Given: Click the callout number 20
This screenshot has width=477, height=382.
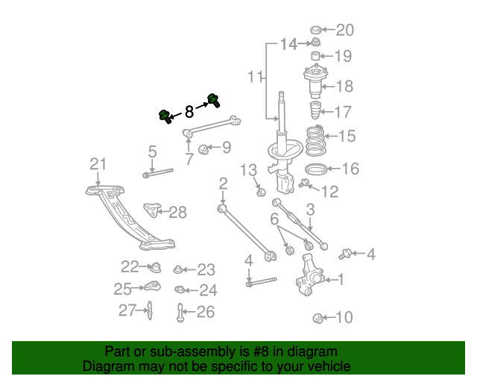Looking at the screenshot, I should (x=344, y=31).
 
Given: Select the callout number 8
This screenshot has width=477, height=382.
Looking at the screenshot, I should (x=189, y=113).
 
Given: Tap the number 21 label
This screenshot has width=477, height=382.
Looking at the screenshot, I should (x=98, y=164).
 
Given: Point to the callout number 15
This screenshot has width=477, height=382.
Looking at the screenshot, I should (x=347, y=137).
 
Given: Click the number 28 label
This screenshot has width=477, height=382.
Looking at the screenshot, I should (x=177, y=213).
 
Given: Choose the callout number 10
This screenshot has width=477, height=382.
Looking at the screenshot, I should (x=344, y=318).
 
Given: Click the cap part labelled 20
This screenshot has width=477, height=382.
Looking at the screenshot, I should (x=315, y=31).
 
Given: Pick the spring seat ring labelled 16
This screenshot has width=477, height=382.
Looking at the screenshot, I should (x=316, y=169).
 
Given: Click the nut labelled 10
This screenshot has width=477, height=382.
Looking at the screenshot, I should (x=318, y=319).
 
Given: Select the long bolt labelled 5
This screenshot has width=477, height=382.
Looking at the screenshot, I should (x=157, y=174).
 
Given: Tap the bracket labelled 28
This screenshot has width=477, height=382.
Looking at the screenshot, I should (x=154, y=208).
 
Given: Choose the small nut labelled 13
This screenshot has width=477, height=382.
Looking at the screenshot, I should (x=261, y=192).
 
